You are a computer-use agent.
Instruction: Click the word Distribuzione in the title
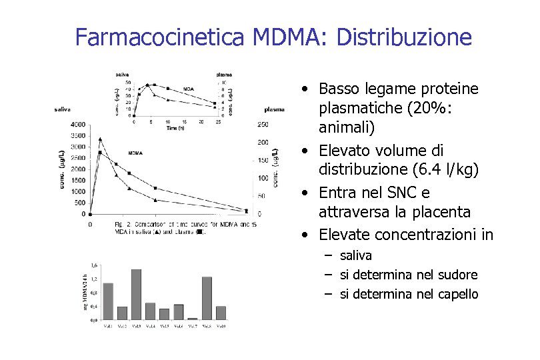(x=405, y=37)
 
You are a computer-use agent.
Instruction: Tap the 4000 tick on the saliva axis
(x=77, y=124)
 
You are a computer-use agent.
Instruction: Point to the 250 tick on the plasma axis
(x=263, y=124)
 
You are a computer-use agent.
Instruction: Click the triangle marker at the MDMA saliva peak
(x=100, y=139)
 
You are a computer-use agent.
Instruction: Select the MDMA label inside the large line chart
(x=137, y=152)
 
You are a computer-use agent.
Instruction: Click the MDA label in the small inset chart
(x=189, y=88)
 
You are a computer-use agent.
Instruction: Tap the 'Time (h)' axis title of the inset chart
(x=177, y=127)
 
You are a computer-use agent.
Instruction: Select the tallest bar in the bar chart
(x=136, y=294)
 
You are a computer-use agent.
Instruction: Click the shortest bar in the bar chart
(x=193, y=319)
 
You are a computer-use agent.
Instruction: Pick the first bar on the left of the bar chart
(x=108, y=301)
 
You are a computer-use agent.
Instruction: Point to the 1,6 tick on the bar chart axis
(x=93, y=265)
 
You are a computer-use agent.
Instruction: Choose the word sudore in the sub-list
(x=459, y=275)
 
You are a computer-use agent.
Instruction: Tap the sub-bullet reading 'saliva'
(x=356, y=255)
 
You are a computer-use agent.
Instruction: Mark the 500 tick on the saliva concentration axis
(x=79, y=203)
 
